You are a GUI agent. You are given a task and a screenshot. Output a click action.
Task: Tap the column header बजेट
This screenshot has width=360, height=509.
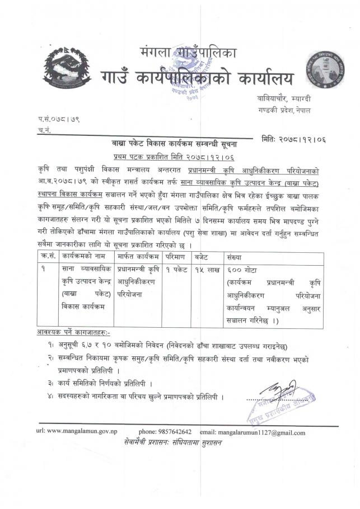[x=202, y=257]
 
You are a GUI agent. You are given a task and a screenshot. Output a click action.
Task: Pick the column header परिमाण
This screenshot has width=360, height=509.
[x=175, y=257]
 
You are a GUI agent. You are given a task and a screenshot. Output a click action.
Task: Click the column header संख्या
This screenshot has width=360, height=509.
[x=231, y=257]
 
